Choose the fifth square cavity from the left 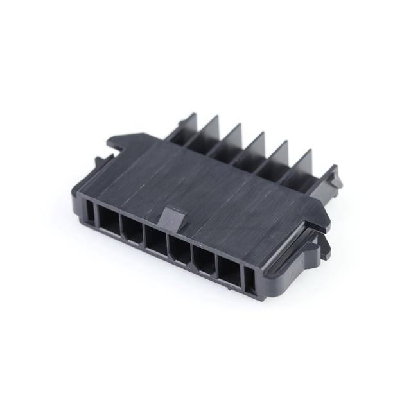pyautogui.click(x=205, y=261)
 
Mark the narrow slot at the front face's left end pyautogui.click(x=89, y=212)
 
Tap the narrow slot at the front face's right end pyautogui.click(x=250, y=281)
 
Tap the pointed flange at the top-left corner pyautogui.click(x=122, y=139)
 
